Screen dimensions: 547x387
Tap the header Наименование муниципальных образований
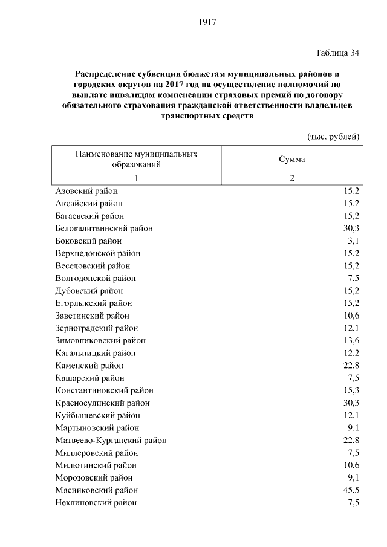coord(136,159)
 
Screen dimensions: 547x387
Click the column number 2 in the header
coord(291,178)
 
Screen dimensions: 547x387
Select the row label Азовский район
coord(86,191)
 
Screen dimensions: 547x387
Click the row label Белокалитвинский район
coord(104,228)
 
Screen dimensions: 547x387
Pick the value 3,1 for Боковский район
coord(353,241)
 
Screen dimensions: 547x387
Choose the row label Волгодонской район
coord(95,279)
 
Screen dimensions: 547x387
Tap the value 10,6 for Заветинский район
coord(351,316)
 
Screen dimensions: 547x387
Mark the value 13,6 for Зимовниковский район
coord(351,341)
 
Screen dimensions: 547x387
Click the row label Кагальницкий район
coord(95,353)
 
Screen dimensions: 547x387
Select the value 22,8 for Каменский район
coord(351,366)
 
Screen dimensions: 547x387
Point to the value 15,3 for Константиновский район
coord(351,390)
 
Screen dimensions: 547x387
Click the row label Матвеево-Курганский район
coord(111,441)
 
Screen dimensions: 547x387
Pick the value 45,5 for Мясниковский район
coord(351,490)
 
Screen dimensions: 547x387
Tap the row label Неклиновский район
coord(96,503)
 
